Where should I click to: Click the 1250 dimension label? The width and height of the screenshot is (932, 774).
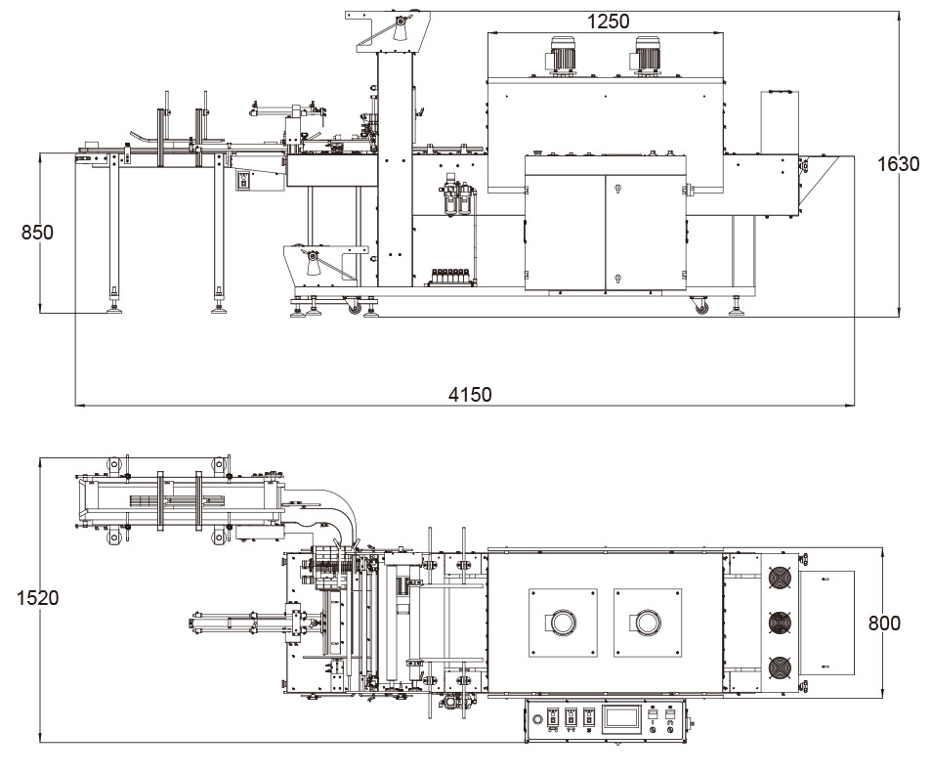coord(608,21)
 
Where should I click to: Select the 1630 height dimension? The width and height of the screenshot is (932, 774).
coord(898,164)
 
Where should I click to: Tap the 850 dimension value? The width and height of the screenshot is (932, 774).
coord(38,233)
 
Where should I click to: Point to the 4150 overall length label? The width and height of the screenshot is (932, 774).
coord(470,394)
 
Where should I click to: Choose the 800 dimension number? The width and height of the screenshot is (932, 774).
coord(884,623)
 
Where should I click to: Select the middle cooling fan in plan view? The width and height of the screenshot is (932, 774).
coord(779,623)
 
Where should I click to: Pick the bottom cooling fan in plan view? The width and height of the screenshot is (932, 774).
coord(779,668)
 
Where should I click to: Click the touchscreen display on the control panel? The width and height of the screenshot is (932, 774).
coord(620,718)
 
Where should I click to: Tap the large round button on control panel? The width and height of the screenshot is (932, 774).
coord(536,719)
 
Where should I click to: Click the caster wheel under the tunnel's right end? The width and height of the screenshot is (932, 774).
coord(700,307)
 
